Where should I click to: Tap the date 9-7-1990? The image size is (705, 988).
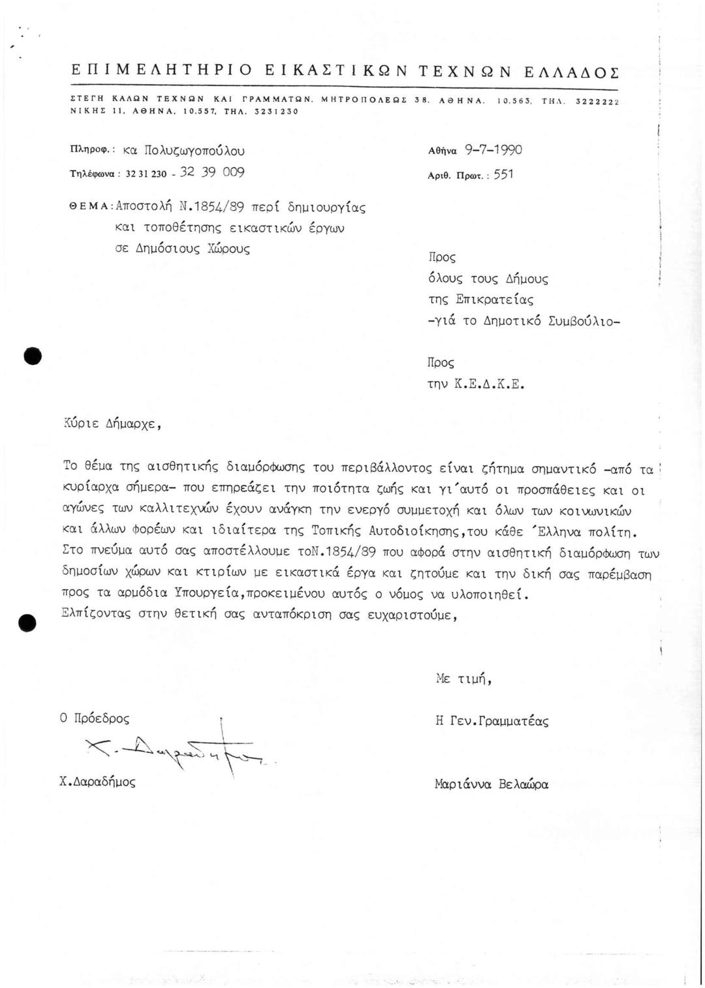point(493,150)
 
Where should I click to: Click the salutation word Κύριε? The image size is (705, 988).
point(81,425)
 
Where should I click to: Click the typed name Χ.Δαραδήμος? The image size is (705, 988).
point(97,782)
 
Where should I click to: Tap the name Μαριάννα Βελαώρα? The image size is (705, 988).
point(491,783)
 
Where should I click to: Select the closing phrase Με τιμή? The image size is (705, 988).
point(463,679)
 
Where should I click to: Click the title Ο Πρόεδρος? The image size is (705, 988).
point(94,718)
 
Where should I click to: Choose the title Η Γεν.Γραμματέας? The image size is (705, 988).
point(492,721)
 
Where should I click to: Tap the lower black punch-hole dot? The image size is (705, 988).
point(28,623)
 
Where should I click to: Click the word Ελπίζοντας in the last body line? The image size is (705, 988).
point(95,615)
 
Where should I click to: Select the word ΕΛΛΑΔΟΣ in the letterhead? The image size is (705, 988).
point(572,71)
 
